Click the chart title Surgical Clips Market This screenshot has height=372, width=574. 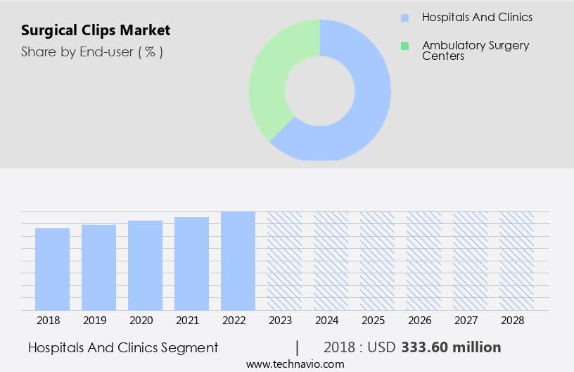[x=96, y=30]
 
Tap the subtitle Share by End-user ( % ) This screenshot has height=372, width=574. [x=92, y=51]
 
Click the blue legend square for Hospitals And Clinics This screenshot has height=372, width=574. [x=404, y=18]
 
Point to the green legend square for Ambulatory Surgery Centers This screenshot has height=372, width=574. [x=404, y=46]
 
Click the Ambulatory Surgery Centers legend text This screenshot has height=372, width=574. [x=476, y=50]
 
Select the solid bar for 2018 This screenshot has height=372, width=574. [x=53, y=269]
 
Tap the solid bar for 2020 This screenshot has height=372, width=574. [x=146, y=265]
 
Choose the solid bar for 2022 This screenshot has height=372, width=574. [x=238, y=261]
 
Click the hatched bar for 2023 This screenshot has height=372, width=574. [x=285, y=261]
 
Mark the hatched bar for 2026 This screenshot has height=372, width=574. [x=424, y=261]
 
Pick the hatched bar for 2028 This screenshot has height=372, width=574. [x=517, y=261]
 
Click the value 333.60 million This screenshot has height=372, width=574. [x=451, y=347]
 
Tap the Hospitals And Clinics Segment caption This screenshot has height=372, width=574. [x=123, y=347]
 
